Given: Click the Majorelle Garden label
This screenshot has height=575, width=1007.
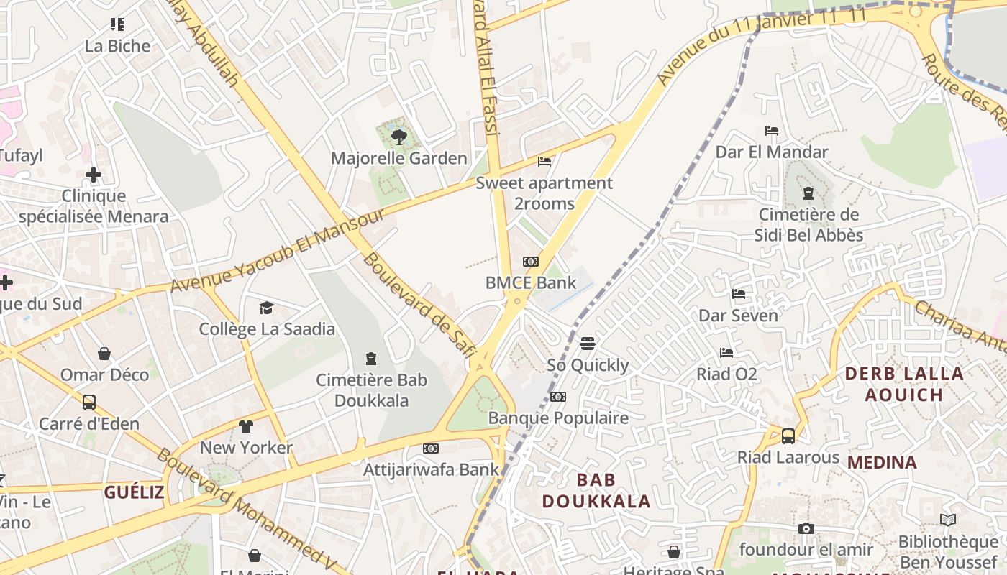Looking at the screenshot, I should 398,158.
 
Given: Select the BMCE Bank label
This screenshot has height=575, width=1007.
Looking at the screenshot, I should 531,282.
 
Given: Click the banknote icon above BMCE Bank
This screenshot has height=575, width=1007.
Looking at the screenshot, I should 531,262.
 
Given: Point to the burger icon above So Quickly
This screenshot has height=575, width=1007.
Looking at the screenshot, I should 588,344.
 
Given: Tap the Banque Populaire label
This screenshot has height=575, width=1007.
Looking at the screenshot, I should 558,418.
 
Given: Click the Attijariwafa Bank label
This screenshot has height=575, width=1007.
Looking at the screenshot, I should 431,469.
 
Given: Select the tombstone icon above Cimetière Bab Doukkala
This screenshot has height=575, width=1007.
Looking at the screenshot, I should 371,358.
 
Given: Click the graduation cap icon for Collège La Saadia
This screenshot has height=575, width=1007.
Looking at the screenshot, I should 267,308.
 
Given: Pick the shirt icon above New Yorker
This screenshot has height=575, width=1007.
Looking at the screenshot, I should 246,426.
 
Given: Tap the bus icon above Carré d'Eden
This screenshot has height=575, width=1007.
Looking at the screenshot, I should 89,402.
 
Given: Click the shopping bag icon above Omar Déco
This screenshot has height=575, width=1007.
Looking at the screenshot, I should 104,354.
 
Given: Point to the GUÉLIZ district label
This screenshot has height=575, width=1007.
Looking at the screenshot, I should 134,492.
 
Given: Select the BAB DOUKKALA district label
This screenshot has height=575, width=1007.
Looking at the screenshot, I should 596,490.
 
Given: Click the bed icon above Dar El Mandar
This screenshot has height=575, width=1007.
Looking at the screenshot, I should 772,131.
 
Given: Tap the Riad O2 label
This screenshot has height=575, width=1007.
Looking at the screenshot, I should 726,374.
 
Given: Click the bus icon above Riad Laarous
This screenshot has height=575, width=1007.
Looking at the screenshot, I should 788,436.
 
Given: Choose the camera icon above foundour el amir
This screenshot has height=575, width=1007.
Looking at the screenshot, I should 806,529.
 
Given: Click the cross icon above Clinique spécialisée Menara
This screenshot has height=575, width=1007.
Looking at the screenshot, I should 94,175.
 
